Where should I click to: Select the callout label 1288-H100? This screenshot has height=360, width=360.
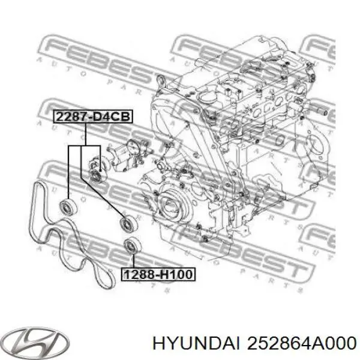(158, 275)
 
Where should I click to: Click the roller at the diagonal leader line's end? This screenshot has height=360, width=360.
(127, 223)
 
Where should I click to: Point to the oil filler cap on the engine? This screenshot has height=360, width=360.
(208, 98)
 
